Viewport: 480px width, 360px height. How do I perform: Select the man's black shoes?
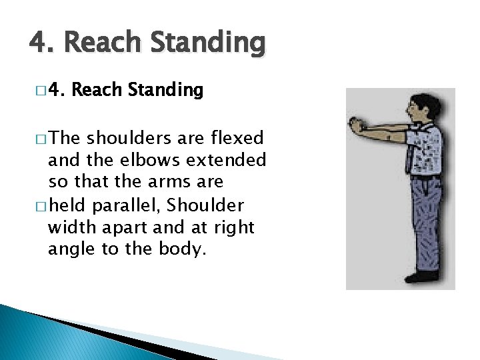tap(419, 275)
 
